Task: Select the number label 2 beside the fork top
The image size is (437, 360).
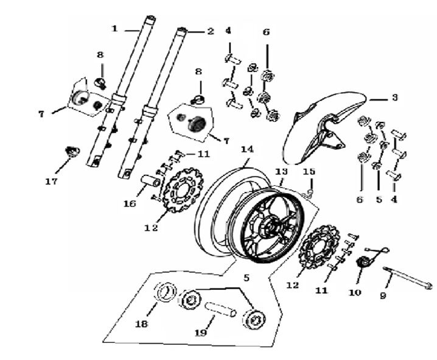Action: point(210,31)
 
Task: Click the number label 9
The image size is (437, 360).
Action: point(383,297)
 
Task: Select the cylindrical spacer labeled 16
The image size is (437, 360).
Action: point(151,182)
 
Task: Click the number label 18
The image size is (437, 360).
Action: point(141,325)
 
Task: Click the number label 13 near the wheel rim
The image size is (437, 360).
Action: point(281,172)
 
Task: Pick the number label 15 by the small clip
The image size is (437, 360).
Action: point(310,172)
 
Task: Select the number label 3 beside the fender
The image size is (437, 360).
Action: point(394,97)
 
